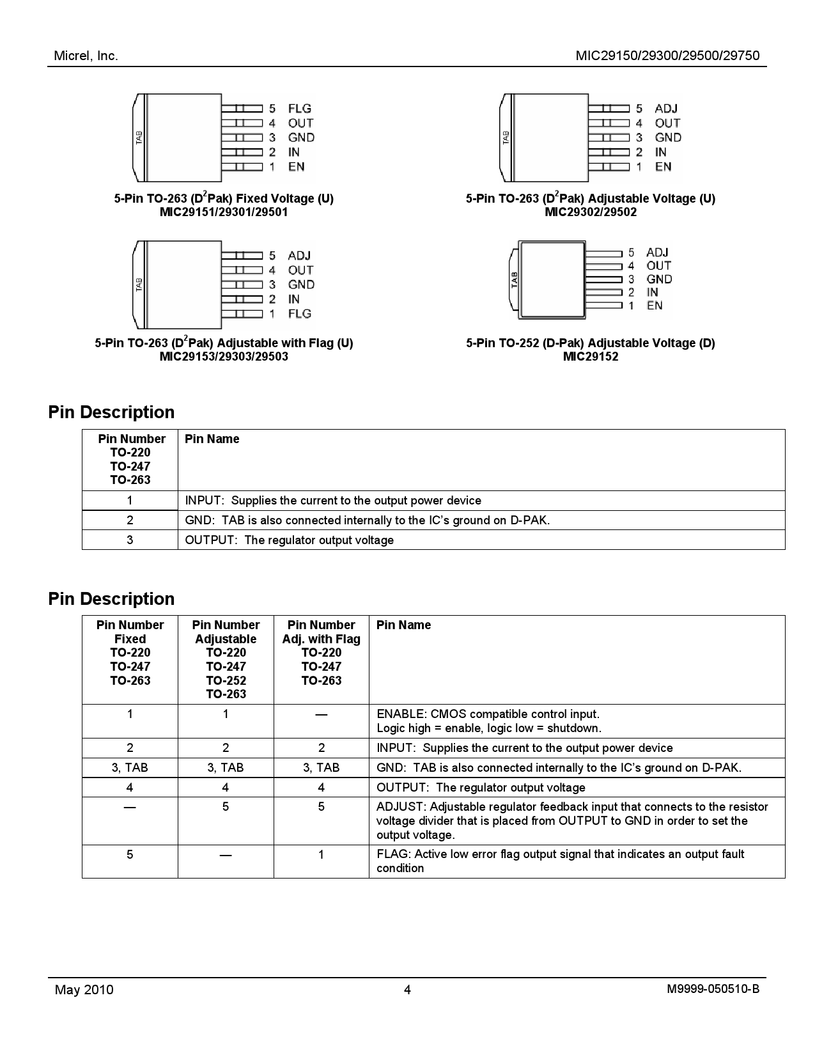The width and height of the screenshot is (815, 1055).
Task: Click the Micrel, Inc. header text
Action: [x=86, y=56]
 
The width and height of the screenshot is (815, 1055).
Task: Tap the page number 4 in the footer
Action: [x=407, y=990]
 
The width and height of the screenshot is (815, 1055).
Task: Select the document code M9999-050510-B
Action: [x=713, y=990]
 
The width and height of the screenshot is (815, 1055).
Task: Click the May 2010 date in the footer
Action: [x=84, y=990]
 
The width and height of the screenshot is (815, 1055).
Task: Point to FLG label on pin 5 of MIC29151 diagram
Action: [x=299, y=109]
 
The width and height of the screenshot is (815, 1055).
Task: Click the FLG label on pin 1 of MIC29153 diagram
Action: [x=299, y=313]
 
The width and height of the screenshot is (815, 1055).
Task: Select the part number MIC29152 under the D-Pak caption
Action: [x=590, y=357]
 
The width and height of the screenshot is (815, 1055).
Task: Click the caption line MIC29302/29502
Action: [x=590, y=212]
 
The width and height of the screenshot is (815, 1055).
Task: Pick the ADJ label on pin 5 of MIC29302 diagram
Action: [x=666, y=109]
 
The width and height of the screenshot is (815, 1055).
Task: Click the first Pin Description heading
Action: [x=111, y=412]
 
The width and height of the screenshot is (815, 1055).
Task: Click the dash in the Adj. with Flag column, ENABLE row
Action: [x=321, y=714]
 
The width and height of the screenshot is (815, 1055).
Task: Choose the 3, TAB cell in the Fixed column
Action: [x=130, y=767]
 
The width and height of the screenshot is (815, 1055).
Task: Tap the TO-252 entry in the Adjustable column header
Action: [x=226, y=680]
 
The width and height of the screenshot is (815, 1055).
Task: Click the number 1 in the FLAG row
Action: [x=321, y=854]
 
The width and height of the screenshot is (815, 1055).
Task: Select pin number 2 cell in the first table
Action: [x=130, y=520]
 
